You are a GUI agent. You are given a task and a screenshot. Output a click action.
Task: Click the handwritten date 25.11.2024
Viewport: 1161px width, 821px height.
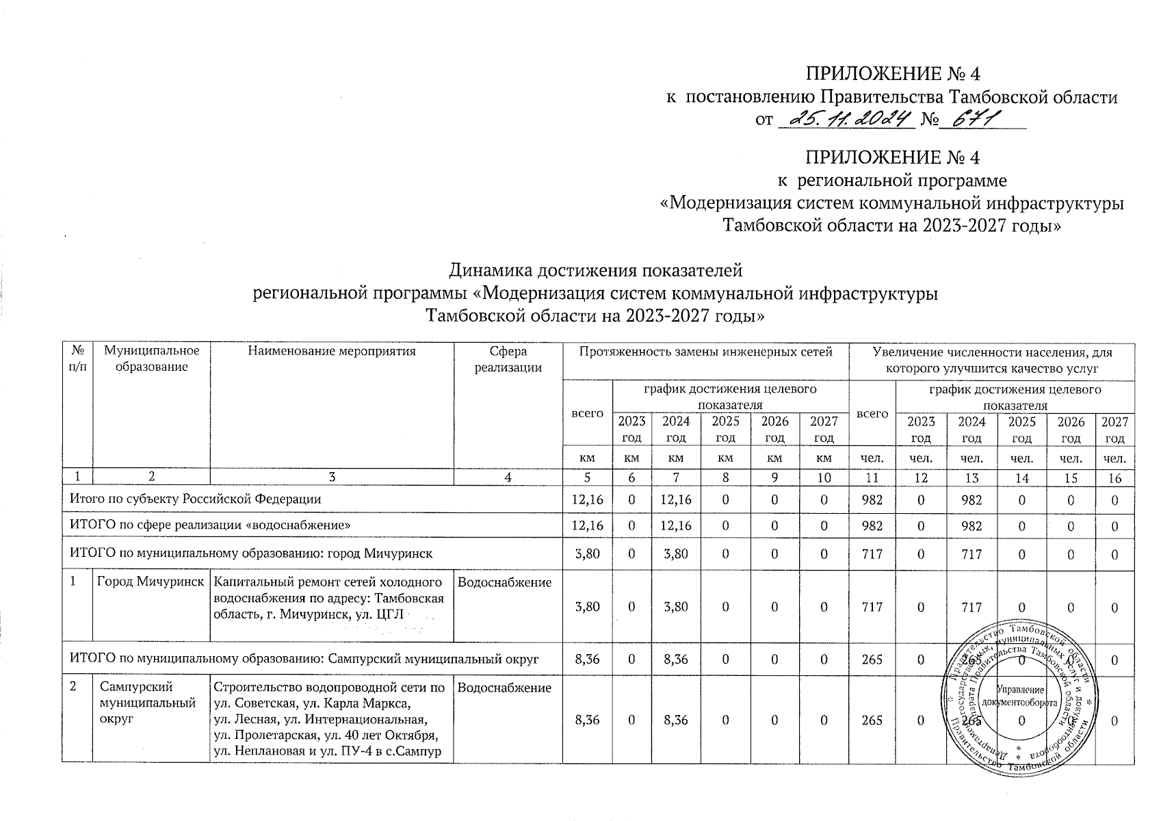coord(846,120)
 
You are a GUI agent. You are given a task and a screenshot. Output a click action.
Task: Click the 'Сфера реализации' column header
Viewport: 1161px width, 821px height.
coord(508,359)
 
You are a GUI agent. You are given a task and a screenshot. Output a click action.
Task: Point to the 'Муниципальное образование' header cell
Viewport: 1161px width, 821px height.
coord(151,359)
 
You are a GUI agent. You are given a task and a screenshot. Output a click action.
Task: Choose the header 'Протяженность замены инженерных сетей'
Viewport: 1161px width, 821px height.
coord(705,352)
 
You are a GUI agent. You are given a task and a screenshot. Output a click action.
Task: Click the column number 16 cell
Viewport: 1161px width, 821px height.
coord(1114,478)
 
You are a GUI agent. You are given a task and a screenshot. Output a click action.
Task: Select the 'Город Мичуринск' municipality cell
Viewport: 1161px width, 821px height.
coord(151,583)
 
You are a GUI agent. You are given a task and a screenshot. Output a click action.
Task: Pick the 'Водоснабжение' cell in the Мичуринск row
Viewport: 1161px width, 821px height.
coord(504,583)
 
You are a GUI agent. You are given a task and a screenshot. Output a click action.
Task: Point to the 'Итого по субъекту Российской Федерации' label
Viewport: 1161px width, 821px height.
coord(196,499)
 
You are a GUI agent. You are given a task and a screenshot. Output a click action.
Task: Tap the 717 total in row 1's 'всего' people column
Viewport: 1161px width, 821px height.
coord(872,607)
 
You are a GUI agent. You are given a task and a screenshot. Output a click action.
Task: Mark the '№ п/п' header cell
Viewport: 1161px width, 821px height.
coord(77,359)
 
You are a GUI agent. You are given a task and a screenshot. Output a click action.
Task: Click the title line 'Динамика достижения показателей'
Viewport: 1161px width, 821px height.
coord(595,271)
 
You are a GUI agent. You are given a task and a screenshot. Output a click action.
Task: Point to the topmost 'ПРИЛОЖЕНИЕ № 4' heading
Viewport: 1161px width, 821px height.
coord(893,74)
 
